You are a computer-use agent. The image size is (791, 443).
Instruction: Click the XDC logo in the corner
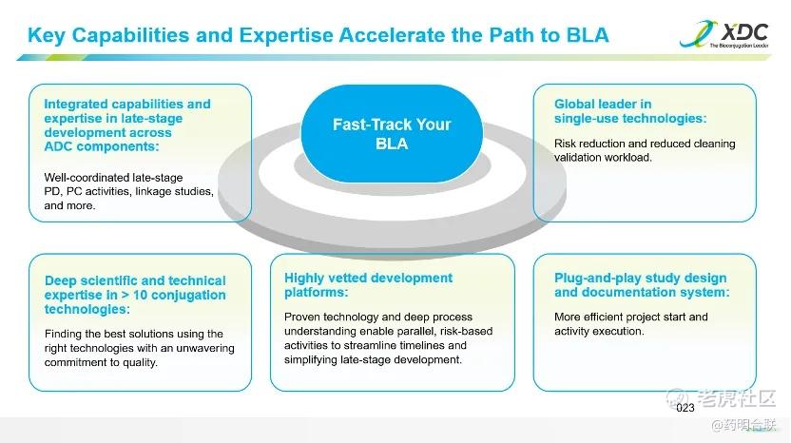723,34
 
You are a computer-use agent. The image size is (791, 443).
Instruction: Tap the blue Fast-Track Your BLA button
392,134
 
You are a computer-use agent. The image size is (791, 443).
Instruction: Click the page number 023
685,408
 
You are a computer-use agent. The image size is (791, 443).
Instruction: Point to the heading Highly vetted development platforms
368,285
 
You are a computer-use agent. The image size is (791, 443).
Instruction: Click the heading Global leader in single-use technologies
630,111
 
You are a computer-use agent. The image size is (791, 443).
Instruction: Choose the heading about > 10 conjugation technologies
135,295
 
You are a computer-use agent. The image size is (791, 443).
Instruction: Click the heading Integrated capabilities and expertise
127,125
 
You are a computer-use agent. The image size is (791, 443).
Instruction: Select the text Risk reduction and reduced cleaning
645,144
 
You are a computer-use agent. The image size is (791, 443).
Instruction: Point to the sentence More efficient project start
630,317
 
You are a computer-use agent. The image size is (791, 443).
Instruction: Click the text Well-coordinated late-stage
113,178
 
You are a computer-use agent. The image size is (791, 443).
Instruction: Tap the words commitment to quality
101,362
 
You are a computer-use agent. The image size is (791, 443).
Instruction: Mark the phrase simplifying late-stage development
373,359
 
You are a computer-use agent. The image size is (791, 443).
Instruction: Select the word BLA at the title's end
588,35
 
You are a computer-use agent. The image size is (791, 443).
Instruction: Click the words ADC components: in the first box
102,146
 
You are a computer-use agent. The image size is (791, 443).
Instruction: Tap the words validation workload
603,158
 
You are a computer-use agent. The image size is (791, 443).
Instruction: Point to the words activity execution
599,332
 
